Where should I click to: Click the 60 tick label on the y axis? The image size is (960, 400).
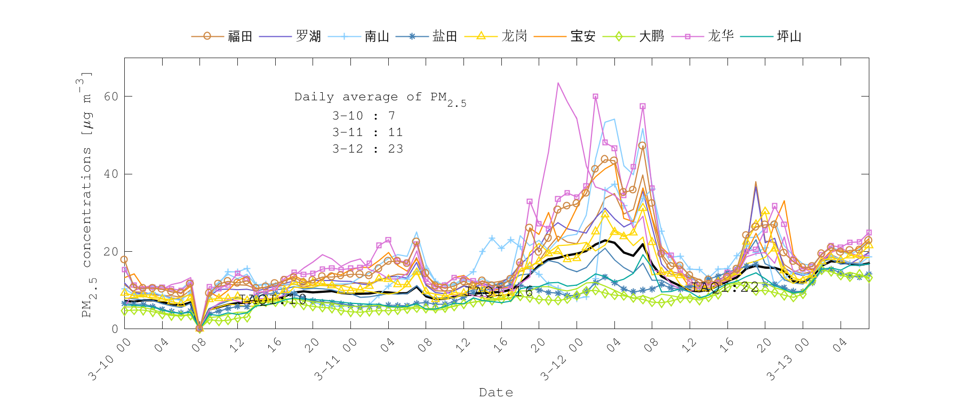pyautogui.click(x=111, y=97)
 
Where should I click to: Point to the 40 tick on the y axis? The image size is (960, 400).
pyautogui.click(x=111, y=174)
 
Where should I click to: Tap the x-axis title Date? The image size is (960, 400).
pyautogui.click(x=496, y=393)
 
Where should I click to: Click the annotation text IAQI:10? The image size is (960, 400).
pyautogui.click(x=273, y=299)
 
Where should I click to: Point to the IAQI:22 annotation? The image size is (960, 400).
pyautogui.click(x=725, y=287)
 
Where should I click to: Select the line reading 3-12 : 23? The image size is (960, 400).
pyautogui.click(x=367, y=149)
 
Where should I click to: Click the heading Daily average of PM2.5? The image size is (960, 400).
pyautogui.click(x=380, y=98)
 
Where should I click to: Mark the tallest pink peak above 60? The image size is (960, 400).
pyautogui.click(x=558, y=83)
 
